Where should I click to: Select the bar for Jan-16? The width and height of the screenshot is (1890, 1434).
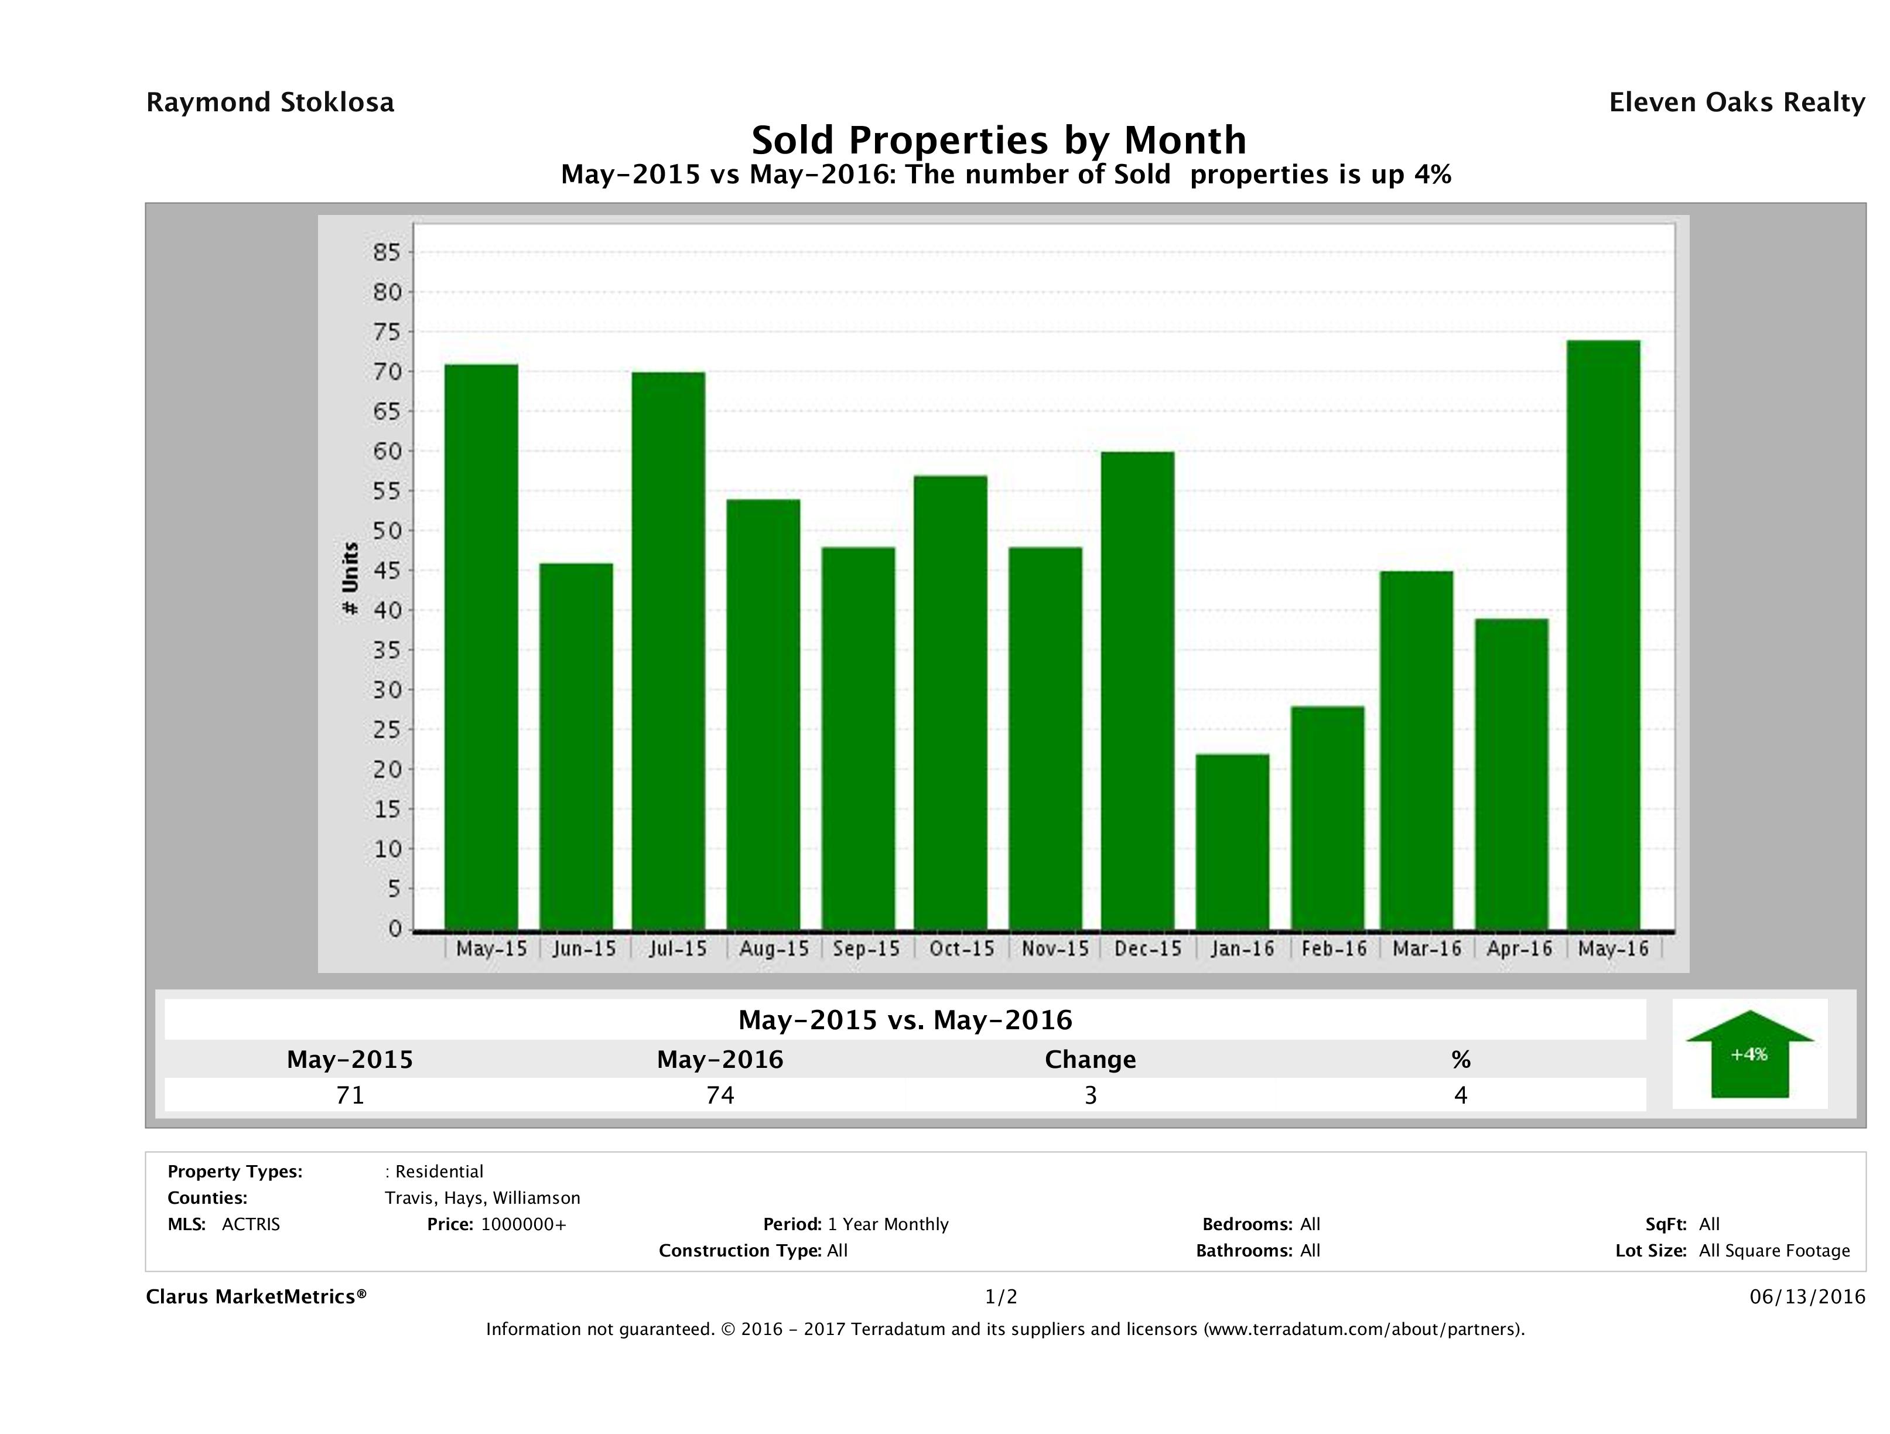(x=1232, y=842)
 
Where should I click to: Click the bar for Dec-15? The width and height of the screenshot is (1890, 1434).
(x=1137, y=691)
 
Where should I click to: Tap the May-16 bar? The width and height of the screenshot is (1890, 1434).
(x=1604, y=635)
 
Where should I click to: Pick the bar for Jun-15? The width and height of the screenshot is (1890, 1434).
(x=576, y=746)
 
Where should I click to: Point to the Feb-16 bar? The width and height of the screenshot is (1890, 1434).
(x=1327, y=818)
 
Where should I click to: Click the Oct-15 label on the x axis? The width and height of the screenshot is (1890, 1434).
(x=961, y=948)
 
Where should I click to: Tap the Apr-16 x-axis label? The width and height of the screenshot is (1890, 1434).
(x=1519, y=948)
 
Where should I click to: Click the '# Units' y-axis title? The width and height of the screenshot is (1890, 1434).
(x=350, y=579)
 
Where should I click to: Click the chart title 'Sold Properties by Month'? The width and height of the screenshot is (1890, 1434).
(x=999, y=139)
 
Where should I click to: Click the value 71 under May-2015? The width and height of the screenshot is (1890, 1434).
(x=350, y=1095)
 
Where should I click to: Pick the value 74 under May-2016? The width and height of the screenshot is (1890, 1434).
(x=720, y=1095)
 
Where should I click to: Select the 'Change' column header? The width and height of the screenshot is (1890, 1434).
(x=1091, y=1060)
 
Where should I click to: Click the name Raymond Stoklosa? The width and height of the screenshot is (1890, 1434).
(x=270, y=103)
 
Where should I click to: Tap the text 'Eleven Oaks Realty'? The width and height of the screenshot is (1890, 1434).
(x=1736, y=103)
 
